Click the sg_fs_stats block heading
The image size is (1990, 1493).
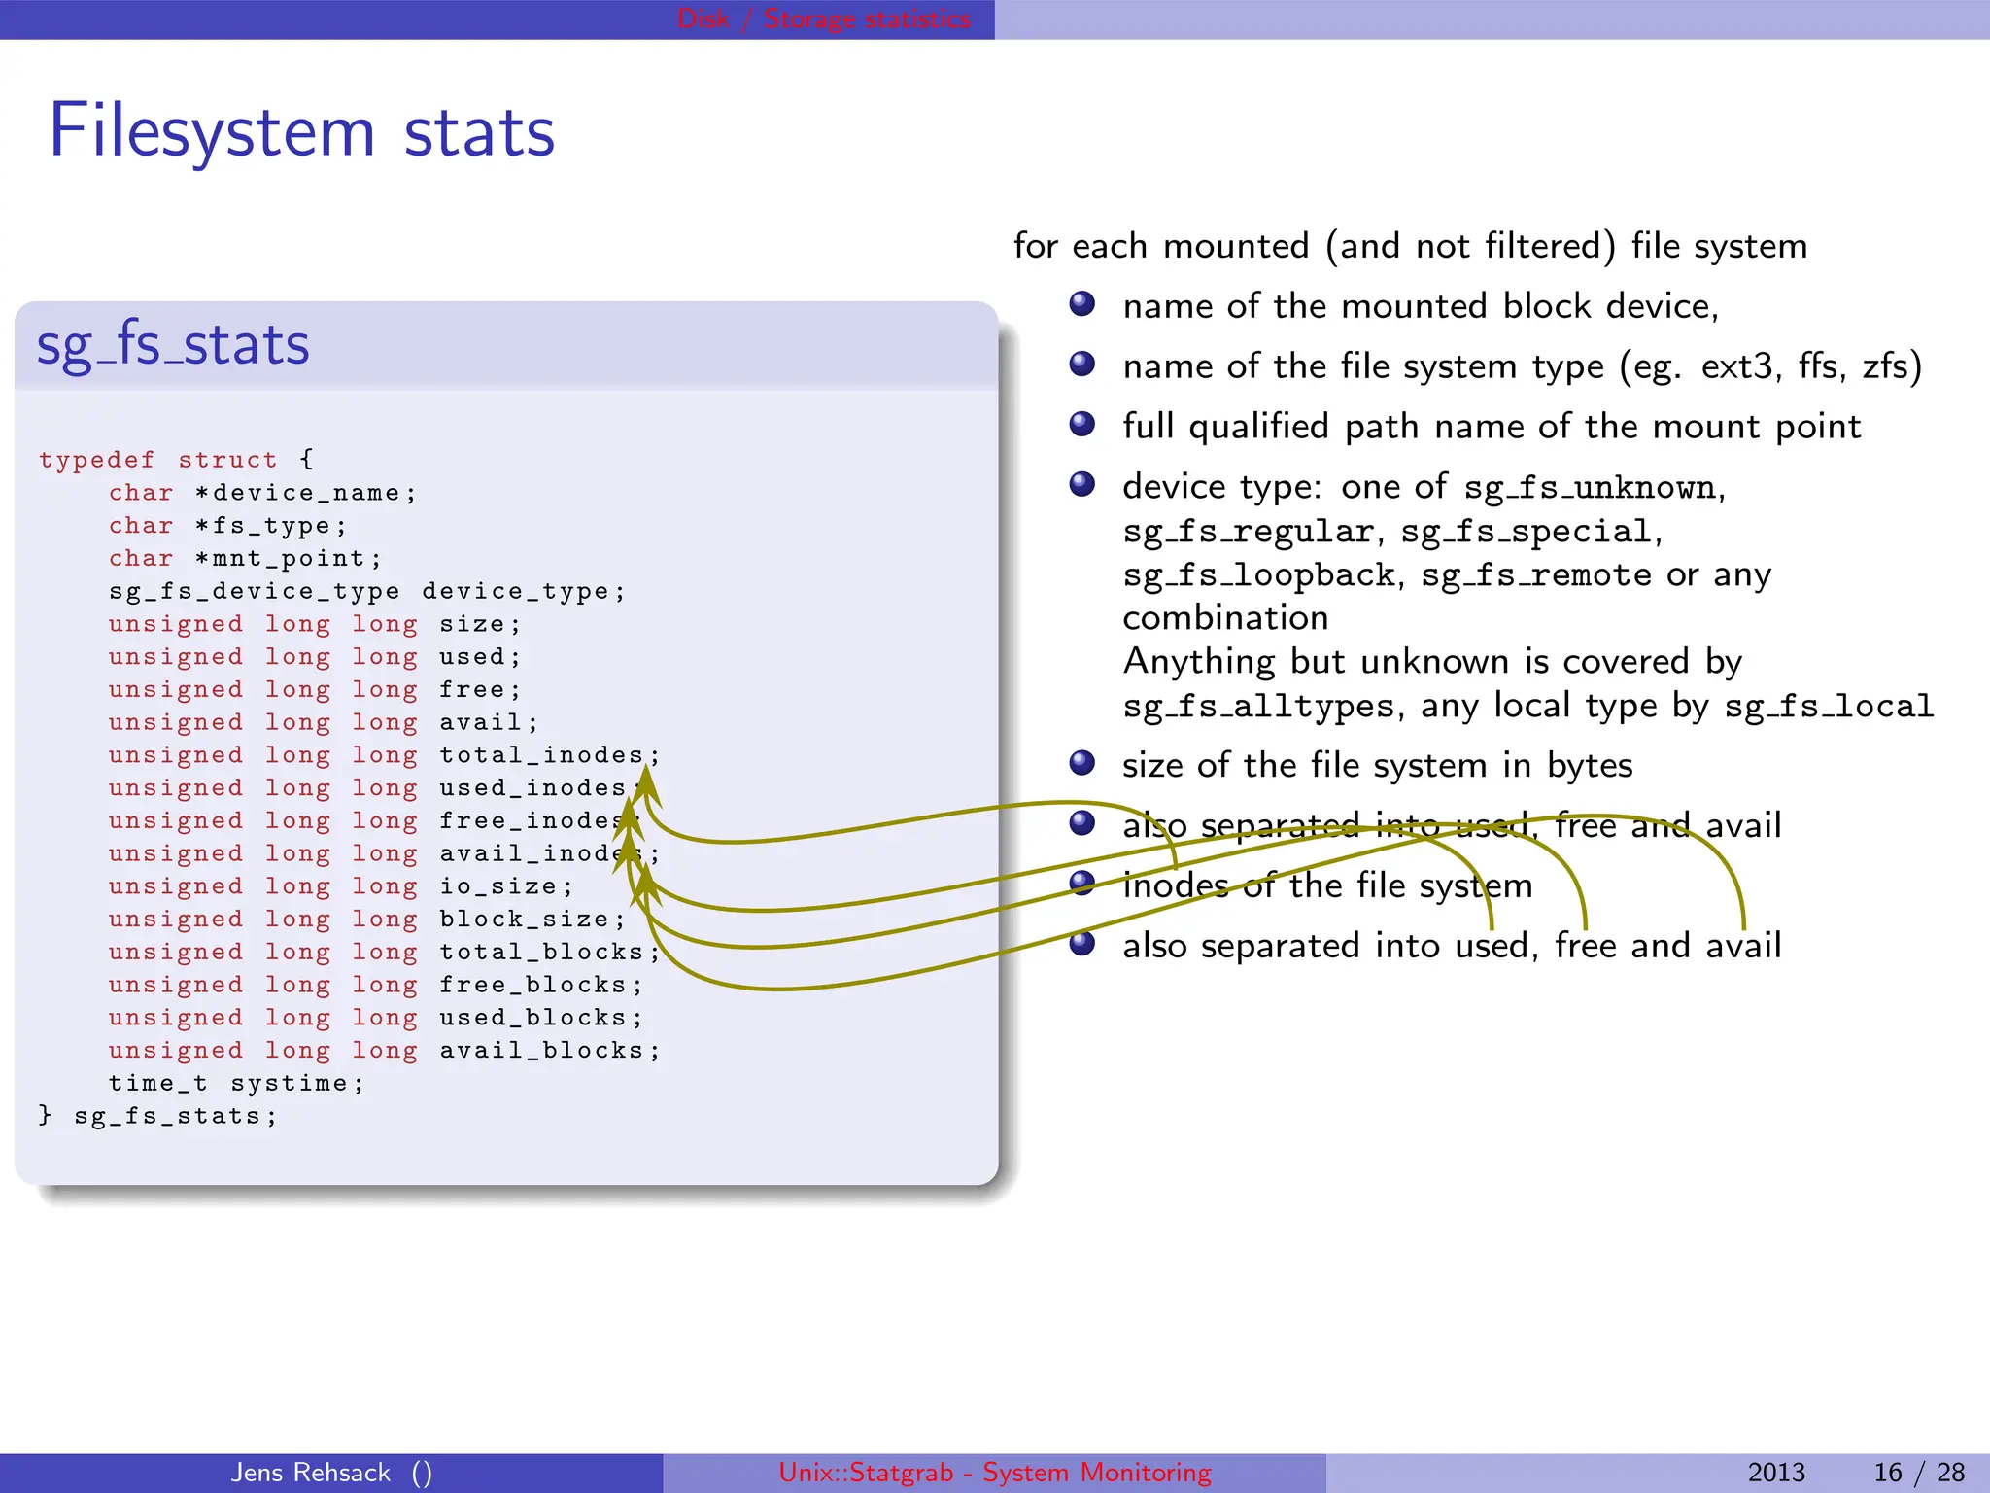[173, 345]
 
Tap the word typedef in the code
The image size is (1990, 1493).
[96, 460]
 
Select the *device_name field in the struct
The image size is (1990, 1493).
[305, 493]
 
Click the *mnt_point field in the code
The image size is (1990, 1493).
[288, 559]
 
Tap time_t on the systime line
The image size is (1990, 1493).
[157, 1084]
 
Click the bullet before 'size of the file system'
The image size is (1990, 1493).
[1081, 763]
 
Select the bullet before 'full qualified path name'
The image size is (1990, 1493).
[1081, 425]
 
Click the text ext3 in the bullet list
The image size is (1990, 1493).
[1740, 366]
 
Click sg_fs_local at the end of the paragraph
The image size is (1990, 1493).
[1829, 707]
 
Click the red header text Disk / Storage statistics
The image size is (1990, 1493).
[823, 18]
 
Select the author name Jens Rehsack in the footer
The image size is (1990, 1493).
[311, 1473]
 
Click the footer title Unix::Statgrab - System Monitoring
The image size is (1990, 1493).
[994, 1473]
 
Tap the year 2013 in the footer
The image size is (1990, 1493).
[1775, 1473]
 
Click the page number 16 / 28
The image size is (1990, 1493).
[1918, 1473]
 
